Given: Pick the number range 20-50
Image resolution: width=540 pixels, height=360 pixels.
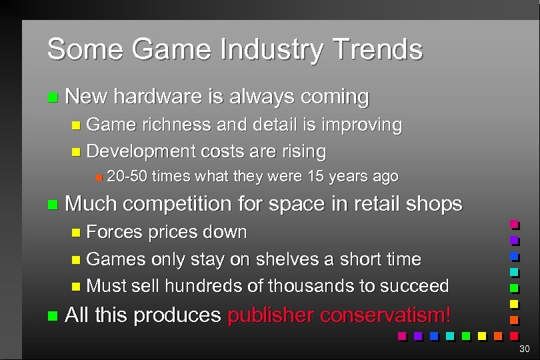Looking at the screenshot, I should pos(127,177).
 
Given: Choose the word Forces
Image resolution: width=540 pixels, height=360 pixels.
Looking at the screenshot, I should pos(115,232).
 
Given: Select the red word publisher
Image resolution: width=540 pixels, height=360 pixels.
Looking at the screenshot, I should pos(271,315).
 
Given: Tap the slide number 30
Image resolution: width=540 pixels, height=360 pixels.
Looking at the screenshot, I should pos(525,349).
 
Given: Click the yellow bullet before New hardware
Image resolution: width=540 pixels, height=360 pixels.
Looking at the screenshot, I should pos(53,98).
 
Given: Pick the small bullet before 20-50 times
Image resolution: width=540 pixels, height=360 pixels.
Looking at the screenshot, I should pos(98,177).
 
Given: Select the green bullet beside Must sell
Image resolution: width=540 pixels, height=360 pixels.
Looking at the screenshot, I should pos(74,286).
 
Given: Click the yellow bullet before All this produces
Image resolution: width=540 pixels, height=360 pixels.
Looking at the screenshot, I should pos(53,315).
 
